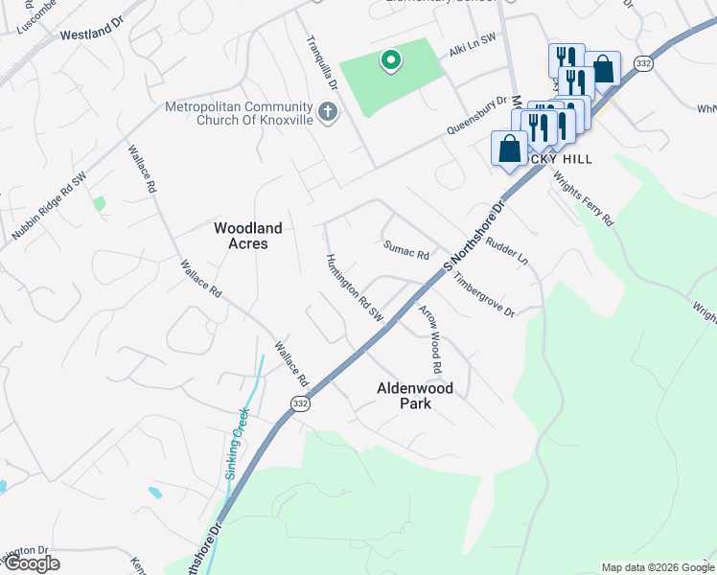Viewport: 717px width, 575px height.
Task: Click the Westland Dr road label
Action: pos(85,34)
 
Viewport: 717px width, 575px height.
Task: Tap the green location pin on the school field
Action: pos(390,61)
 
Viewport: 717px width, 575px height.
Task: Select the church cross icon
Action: pos(327,113)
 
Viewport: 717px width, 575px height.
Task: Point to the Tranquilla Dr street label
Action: pos(322,64)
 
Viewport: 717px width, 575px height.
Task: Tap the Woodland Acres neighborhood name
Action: pos(247,236)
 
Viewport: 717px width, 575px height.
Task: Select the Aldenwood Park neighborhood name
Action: pos(415,396)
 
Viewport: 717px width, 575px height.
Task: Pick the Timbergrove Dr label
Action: pos(484,299)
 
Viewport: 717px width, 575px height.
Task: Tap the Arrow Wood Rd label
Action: pos(429,339)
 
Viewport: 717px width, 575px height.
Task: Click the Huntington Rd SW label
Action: pos(355,288)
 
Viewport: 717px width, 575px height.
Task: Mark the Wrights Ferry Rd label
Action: pos(596,203)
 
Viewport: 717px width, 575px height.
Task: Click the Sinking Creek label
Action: pos(236,443)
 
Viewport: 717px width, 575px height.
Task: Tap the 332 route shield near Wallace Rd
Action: pos(300,405)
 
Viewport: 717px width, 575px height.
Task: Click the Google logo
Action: pos(32,563)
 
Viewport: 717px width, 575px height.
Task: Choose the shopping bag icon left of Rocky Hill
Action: pos(509,149)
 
